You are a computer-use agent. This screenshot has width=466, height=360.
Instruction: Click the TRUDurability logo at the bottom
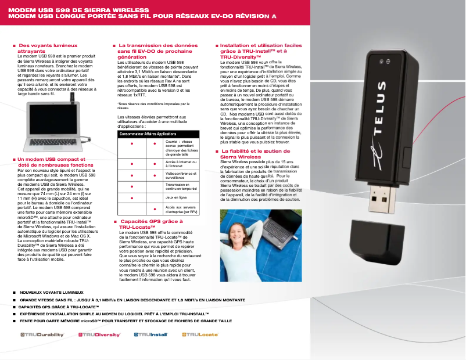point(42,335)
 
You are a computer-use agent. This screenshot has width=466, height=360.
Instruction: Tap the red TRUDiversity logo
point(99,335)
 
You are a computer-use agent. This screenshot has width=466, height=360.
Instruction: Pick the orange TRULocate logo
point(200,335)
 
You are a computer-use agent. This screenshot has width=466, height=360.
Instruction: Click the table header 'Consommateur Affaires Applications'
point(148,134)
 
